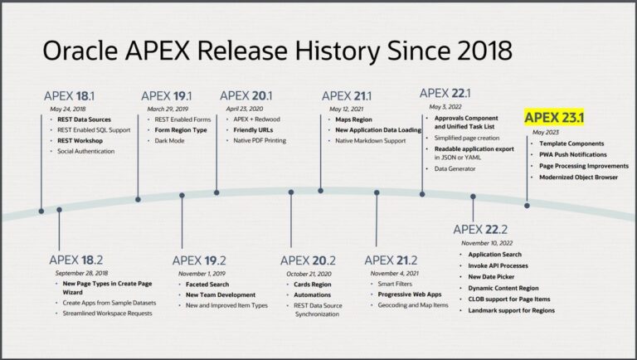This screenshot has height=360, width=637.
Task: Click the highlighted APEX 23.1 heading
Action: point(555,118)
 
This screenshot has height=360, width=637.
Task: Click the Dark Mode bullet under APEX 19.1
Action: point(170,141)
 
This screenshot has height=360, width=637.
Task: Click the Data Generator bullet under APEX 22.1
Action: point(455,168)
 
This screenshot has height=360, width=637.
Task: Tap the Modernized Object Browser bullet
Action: point(577,177)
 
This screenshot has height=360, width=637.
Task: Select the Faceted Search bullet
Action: point(207,284)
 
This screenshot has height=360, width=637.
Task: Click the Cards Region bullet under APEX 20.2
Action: point(314,284)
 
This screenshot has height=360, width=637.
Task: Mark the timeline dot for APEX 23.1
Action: point(526,204)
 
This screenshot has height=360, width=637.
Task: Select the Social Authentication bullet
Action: point(86,151)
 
